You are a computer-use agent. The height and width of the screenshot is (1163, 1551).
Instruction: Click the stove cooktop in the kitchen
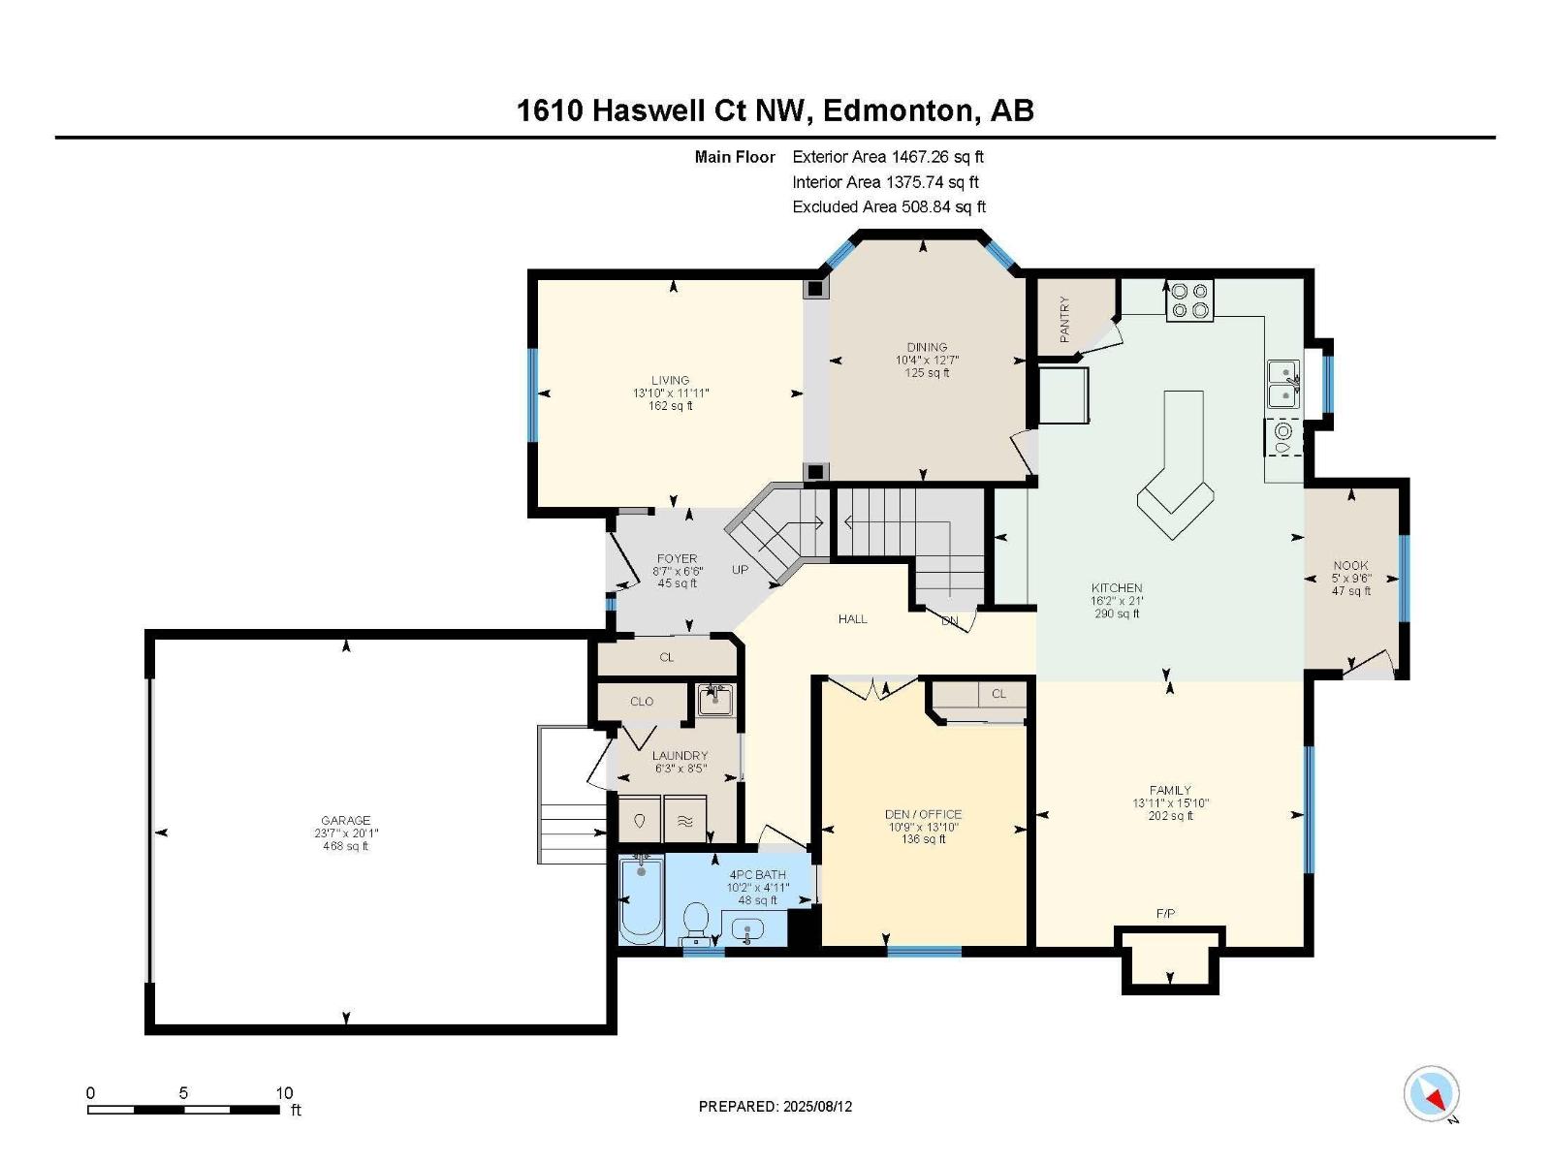coord(1189,299)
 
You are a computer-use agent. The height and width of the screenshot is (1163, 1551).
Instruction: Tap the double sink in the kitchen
coord(1283,384)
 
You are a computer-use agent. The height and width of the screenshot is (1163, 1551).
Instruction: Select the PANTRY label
coord(1064,319)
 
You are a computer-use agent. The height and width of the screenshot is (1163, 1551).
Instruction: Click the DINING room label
coord(927,347)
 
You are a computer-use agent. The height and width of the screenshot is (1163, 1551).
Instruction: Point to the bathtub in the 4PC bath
coord(640,901)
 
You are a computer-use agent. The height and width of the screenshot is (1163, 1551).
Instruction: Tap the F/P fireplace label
coord(1165,914)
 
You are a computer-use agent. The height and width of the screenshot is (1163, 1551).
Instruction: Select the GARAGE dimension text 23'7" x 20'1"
coord(345,833)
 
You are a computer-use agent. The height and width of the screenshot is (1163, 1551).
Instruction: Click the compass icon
coord(1431,1094)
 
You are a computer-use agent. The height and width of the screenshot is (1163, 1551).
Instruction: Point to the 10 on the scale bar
coord(283,1092)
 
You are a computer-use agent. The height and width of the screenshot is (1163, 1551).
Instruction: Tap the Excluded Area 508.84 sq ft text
coord(888,206)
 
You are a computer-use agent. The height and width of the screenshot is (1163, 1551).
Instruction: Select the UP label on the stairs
coord(740,570)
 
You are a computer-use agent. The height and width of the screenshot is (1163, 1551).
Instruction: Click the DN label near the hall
coord(950,621)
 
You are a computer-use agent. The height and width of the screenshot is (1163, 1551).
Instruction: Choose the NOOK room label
coord(1350,565)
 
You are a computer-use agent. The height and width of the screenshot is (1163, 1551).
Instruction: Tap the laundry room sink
coord(715,699)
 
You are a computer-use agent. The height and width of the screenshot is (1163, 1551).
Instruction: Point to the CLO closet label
coord(642,701)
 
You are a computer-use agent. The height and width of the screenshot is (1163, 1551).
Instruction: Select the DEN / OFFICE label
coord(923,814)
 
